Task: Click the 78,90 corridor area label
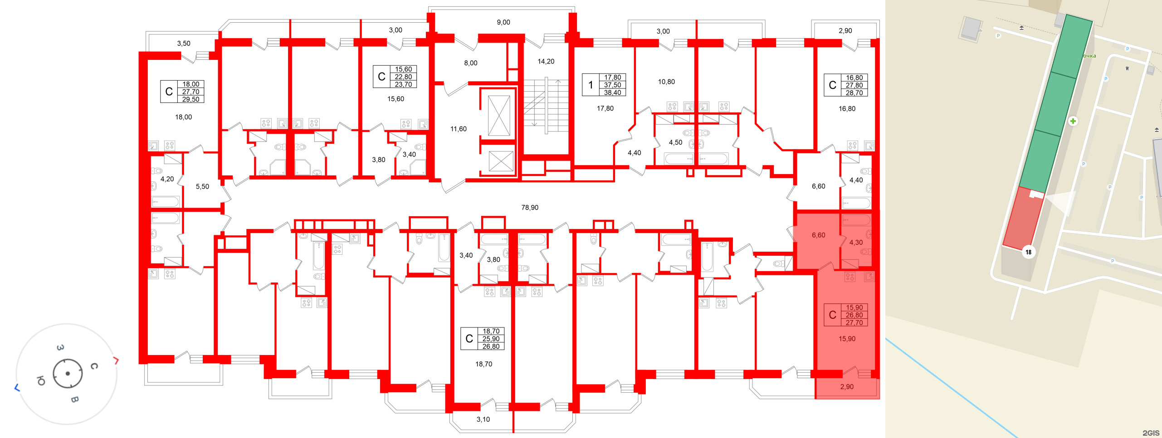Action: pos(530,208)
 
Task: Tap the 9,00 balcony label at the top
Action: pos(503,22)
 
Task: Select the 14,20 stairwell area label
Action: pos(546,62)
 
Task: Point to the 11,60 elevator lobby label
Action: pos(458,129)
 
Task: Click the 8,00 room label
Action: pos(470,63)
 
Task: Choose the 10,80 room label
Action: pos(666,82)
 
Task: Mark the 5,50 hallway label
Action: pos(202,187)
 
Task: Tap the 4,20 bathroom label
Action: pos(167,179)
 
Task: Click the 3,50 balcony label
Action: pos(184,44)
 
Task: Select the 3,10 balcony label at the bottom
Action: pos(483,420)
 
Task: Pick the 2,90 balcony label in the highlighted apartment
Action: pos(846,387)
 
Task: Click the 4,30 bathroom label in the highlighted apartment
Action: pos(856,243)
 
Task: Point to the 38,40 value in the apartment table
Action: pos(612,92)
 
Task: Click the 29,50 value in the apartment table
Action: pos(191,99)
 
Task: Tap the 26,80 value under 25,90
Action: pos(491,346)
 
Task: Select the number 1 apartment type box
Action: pos(591,85)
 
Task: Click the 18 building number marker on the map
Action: pos(1028,252)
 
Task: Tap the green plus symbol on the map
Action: pos(1073,121)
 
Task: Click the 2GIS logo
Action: pos(1151,433)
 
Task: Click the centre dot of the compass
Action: pos(68,374)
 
